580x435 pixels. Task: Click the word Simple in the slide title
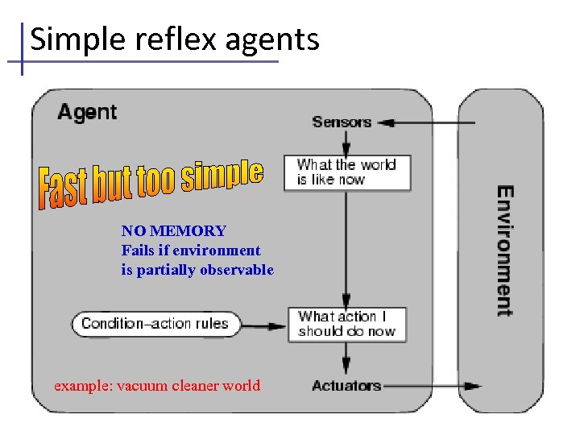pyautogui.click(x=69, y=39)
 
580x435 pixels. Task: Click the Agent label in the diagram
pyautogui.click(x=87, y=113)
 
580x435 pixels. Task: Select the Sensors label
pyautogui.click(x=342, y=122)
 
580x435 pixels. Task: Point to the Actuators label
pyautogui.click(x=346, y=386)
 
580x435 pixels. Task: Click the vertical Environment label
pyautogui.click(x=504, y=251)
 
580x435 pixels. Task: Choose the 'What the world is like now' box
pyautogui.click(x=347, y=172)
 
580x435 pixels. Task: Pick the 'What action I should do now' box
pyautogui.click(x=347, y=324)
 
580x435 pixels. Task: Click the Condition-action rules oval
pyautogui.click(x=155, y=325)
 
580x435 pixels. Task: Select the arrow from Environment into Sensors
pyautogui.click(x=427, y=123)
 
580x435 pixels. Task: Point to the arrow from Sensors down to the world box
pyautogui.click(x=346, y=143)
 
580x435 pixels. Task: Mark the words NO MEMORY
pyautogui.click(x=173, y=232)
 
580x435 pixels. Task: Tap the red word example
pyautogui.click(x=83, y=386)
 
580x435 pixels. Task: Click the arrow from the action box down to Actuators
pyautogui.click(x=346, y=357)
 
